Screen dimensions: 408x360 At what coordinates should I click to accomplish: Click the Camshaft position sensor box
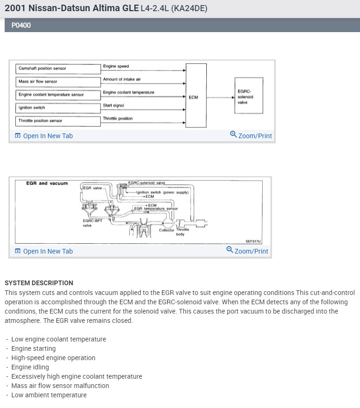tap(58, 68)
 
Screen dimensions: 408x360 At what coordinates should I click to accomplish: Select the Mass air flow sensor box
tap(58, 81)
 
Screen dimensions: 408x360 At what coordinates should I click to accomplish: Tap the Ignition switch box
tap(58, 107)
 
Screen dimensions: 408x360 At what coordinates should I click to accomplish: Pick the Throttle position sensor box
tap(58, 121)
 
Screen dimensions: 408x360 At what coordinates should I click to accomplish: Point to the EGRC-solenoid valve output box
tap(249, 96)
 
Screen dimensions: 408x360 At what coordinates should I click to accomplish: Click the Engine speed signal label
tap(116, 67)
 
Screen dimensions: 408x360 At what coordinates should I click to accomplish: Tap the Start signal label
tap(113, 106)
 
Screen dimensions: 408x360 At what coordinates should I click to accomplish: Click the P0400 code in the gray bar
tap(21, 26)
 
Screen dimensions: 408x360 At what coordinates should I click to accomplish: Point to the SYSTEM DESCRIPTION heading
tap(39, 283)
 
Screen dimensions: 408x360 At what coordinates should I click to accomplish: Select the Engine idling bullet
tap(30, 367)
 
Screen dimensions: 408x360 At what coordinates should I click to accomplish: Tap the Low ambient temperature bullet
tap(49, 395)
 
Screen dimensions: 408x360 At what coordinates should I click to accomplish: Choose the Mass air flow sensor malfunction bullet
tap(60, 386)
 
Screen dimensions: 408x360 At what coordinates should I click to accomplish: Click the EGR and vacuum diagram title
tap(47, 183)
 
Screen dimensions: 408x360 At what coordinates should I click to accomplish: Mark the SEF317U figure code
tap(254, 241)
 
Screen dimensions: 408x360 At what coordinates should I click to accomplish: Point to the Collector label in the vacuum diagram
tap(166, 230)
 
